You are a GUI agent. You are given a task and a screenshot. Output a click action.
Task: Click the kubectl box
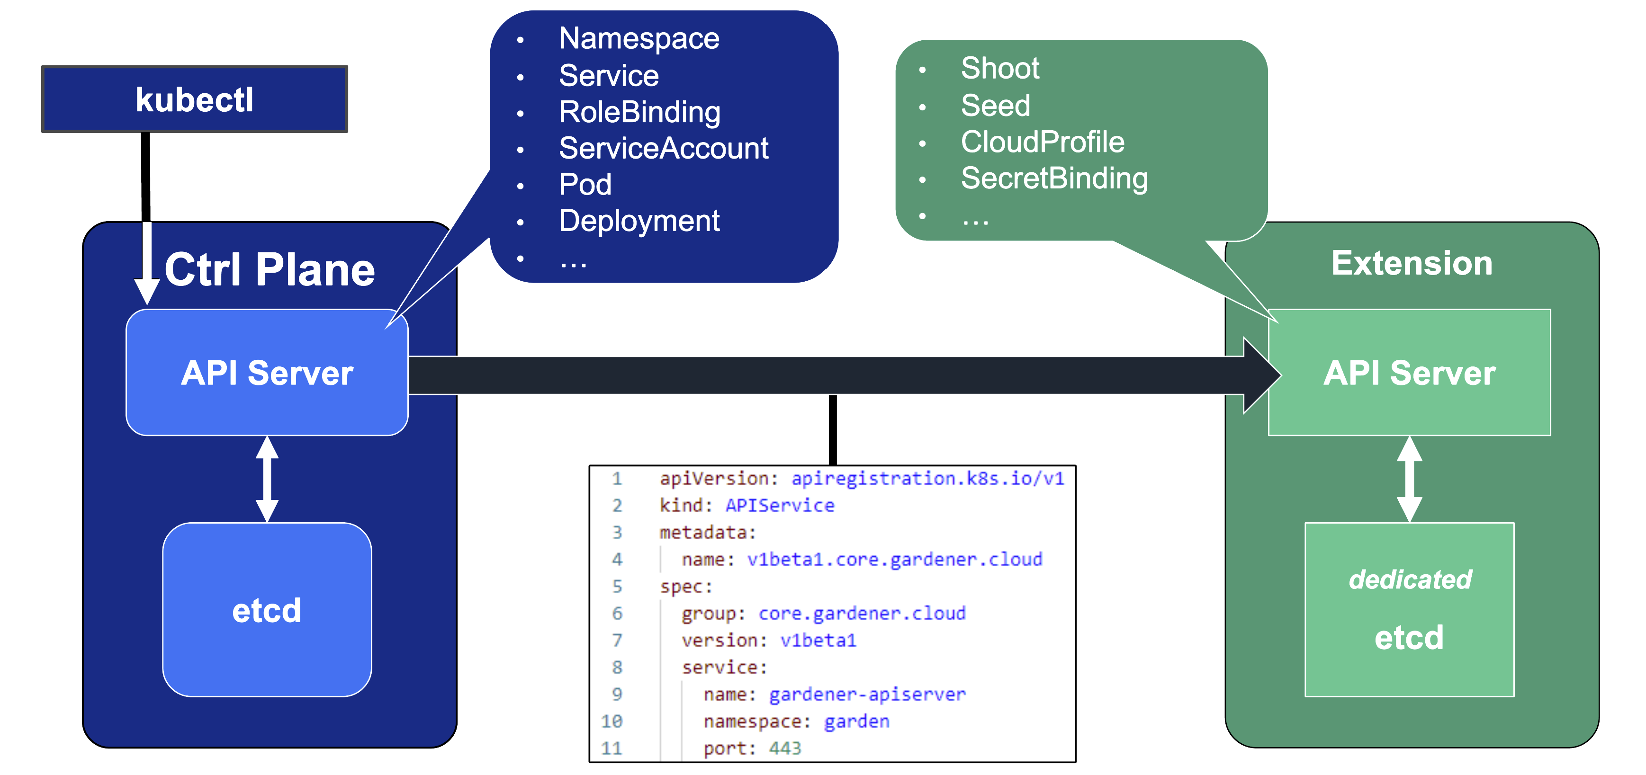pyautogui.click(x=194, y=100)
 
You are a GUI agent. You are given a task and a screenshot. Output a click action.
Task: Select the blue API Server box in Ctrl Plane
pyautogui.click(x=267, y=373)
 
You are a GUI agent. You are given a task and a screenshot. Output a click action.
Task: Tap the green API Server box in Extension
pyautogui.click(x=1409, y=373)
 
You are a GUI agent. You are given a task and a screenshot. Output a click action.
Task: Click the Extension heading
pyautogui.click(x=1412, y=263)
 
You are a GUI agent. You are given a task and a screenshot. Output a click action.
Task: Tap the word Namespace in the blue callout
pyautogui.click(x=639, y=38)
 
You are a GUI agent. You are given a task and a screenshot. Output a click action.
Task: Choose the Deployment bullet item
pyautogui.click(x=639, y=221)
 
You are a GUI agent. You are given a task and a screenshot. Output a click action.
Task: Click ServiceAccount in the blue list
pyautogui.click(x=663, y=148)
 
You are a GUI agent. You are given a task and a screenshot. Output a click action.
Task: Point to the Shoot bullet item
pyautogui.click(x=999, y=68)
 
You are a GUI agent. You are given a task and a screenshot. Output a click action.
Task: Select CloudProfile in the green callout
pyautogui.click(x=1042, y=142)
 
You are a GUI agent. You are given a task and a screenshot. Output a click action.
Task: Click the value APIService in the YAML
pyautogui.click(x=780, y=505)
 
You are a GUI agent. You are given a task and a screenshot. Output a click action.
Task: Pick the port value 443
pyautogui.click(x=785, y=748)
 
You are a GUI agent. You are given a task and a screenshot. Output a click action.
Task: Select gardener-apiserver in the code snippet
pyautogui.click(x=867, y=695)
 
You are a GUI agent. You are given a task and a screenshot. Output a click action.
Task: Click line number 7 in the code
pyautogui.click(x=617, y=640)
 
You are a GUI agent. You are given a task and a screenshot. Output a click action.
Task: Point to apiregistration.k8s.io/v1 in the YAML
pyautogui.click(x=927, y=479)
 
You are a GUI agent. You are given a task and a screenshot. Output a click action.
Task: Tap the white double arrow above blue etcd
pyautogui.click(x=267, y=479)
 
